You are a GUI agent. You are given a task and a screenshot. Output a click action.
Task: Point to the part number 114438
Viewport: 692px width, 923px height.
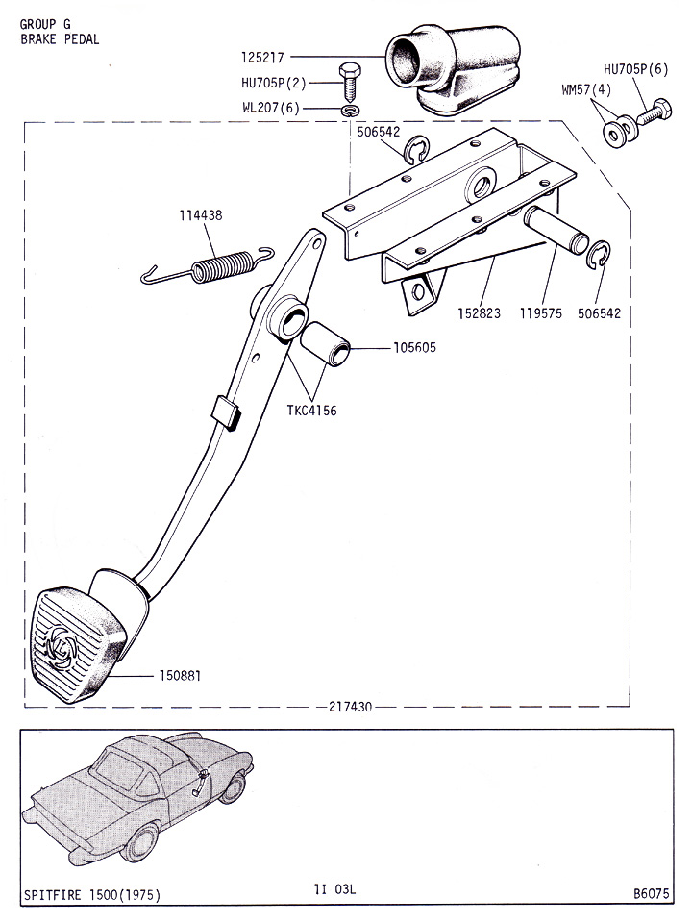click(x=200, y=215)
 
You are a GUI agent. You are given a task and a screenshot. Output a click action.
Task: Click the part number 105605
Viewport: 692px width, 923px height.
click(x=414, y=347)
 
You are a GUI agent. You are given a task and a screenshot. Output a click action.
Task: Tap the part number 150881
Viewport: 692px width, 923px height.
click(x=180, y=675)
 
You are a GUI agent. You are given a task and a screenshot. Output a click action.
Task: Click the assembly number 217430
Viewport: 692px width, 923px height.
click(x=344, y=708)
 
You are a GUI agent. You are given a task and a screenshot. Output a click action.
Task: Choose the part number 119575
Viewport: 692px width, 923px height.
click(x=543, y=313)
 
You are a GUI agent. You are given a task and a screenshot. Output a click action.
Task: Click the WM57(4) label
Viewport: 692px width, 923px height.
click(x=586, y=90)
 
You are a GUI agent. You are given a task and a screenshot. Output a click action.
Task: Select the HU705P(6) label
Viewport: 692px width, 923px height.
click(x=635, y=69)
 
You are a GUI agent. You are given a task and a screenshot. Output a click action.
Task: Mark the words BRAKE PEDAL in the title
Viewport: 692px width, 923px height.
click(x=59, y=39)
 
